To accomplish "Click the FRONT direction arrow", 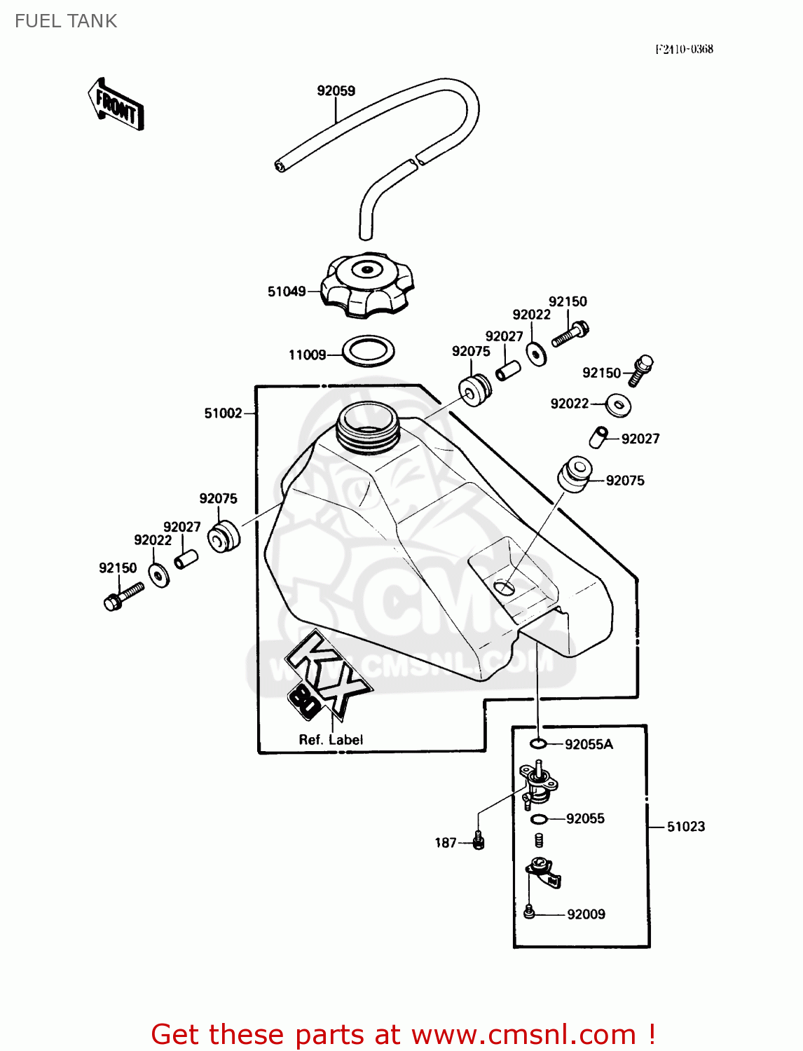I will [116, 105].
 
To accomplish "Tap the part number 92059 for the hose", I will [336, 91].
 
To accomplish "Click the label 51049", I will [287, 291].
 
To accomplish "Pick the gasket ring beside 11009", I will [369, 351].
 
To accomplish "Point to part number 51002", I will [223, 413].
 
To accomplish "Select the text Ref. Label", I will [331, 740].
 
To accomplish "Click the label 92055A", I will [589, 745].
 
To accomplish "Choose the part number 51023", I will [685, 827].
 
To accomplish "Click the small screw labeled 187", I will [479, 840].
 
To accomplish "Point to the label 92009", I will [586, 914].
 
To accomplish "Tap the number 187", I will [446, 843].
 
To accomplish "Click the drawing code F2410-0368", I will [684, 49].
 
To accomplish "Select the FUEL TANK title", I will [66, 21].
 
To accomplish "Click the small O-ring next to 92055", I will [538, 819].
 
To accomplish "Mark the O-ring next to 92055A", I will [537, 743].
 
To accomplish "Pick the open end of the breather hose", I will [280, 165].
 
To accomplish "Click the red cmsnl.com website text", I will [523, 1034].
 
